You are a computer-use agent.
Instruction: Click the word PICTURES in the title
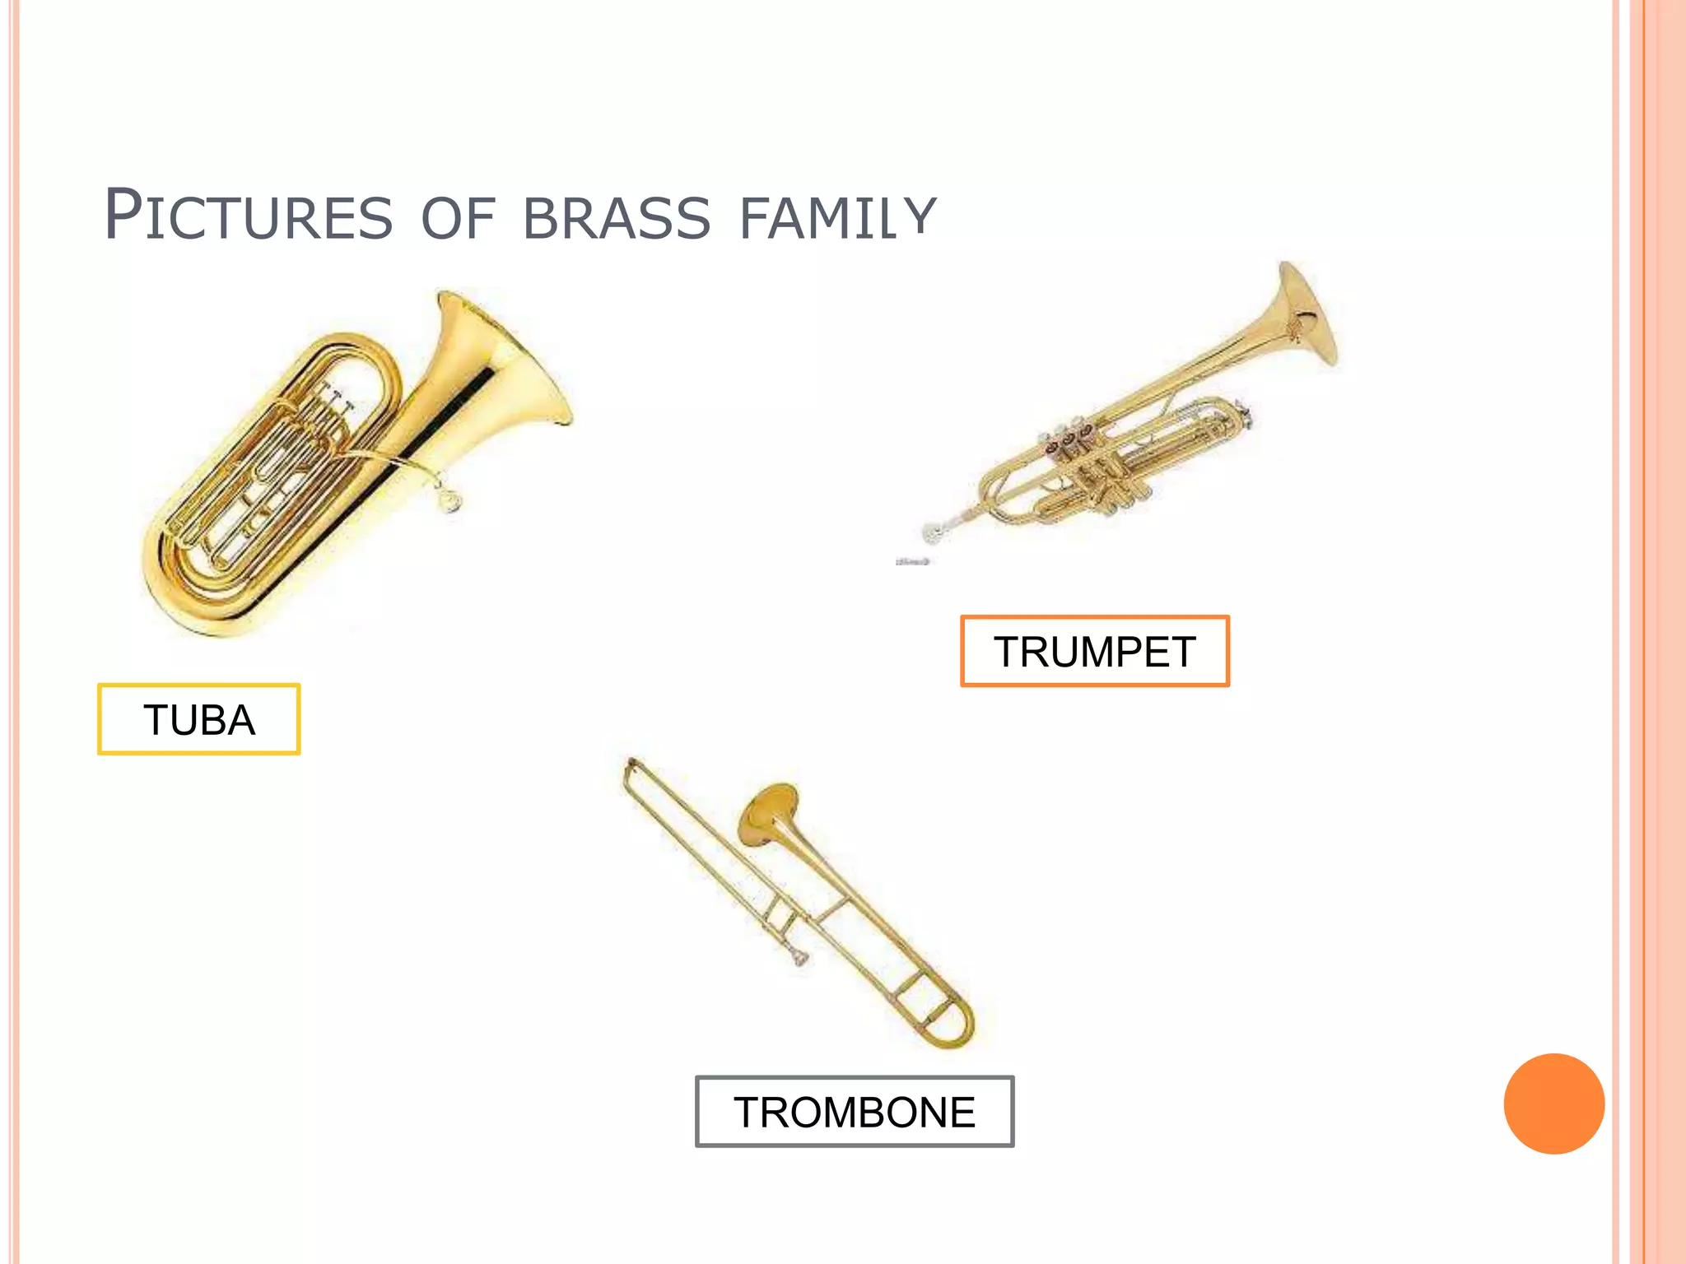coord(248,216)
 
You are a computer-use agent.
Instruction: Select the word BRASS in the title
coord(616,219)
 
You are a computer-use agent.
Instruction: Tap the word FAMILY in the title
coord(837,219)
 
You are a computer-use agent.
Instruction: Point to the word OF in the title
coord(457,219)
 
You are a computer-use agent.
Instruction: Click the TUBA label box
coord(198,719)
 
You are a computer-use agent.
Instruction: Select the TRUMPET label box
coord(1094,651)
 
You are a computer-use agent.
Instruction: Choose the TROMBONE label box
coord(854,1111)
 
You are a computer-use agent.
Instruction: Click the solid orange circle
coord(1553,1104)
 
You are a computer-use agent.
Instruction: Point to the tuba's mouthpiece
coord(449,500)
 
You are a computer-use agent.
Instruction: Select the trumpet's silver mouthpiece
coord(934,532)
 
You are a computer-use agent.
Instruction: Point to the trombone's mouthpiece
coord(799,956)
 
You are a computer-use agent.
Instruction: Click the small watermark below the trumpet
coord(912,561)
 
